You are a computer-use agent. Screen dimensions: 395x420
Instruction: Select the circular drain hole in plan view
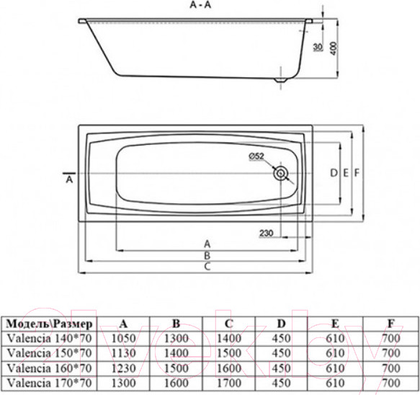click(x=281, y=173)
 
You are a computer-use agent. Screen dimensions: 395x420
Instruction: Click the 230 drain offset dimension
click(x=266, y=232)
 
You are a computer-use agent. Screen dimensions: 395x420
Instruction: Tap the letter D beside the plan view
click(x=333, y=173)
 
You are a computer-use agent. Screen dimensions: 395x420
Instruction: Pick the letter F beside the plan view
click(x=357, y=173)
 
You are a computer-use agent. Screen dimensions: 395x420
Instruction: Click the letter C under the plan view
click(x=207, y=267)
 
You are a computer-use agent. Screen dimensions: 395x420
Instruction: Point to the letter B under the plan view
click(x=207, y=254)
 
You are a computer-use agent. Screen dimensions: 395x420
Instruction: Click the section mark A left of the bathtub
click(x=69, y=180)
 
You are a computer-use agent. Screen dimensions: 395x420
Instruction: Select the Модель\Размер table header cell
click(x=48, y=323)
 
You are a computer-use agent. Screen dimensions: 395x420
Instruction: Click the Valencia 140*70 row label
click(x=48, y=337)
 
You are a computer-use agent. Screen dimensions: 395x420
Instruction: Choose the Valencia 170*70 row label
click(x=48, y=379)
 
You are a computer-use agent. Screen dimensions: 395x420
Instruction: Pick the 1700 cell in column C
click(x=230, y=379)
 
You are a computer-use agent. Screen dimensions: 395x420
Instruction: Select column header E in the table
click(x=336, y=323)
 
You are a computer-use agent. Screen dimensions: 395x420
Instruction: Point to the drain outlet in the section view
click(x=281, y=75)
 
